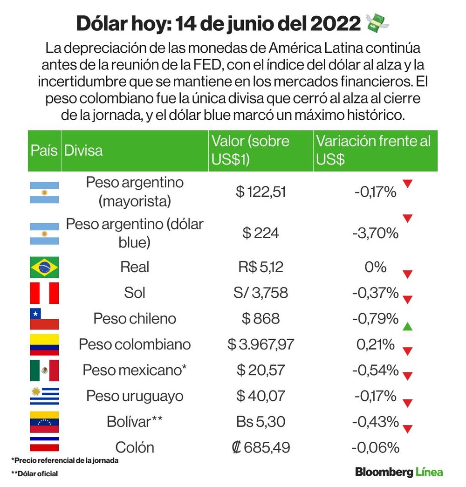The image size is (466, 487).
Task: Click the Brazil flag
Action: click(44, 268)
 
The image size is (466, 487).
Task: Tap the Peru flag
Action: click(44, 293)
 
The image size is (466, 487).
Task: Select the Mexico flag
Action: click(44, 370)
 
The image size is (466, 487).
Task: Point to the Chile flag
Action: click(44, 319)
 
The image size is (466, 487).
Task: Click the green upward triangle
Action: click(407, 326)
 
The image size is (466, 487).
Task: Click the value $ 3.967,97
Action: click(260, 344)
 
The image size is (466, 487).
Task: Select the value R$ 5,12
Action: click(260, 267)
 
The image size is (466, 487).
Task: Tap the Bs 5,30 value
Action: click(260, 422)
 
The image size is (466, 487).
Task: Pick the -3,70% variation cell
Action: click(375, 233)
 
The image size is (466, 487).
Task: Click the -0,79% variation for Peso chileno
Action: click(375, 319)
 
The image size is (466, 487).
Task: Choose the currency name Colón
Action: click(135, 447)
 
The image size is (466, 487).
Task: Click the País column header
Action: click(44, 151)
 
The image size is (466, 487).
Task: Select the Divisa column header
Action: click(83, 151)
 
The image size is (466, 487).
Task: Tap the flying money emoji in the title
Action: click(377, 23)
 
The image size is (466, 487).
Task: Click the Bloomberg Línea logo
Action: click(399, 472)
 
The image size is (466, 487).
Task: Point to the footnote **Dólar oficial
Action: click(34, 473)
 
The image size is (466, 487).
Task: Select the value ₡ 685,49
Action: click(260, 447)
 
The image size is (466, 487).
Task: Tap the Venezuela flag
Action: click(44, 422)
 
